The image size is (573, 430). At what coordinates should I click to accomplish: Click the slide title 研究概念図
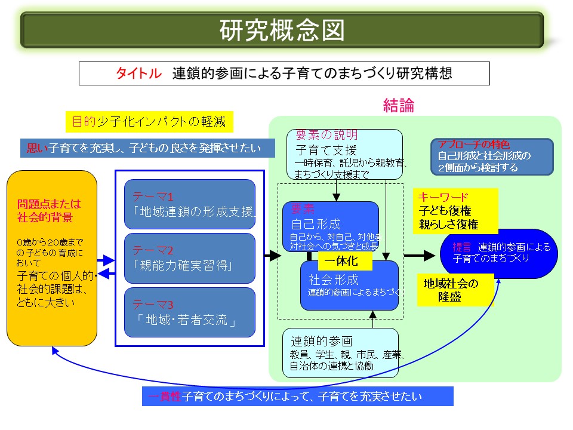tap(282, 30)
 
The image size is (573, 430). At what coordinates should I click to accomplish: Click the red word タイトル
tap(138, 73)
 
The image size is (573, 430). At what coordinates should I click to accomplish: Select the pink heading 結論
tap(398, 106)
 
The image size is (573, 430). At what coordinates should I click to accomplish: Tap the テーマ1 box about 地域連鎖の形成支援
tap(190, 204)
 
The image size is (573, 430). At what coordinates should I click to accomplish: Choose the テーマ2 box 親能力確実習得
tap(190, 258)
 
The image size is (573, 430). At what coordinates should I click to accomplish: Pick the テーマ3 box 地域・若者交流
tap(190, 312)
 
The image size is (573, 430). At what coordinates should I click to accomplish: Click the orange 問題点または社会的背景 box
tap(52, 258)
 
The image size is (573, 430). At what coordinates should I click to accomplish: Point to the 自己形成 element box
tap(330, 226)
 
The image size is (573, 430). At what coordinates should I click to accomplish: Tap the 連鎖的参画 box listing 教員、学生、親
tap(340, 353)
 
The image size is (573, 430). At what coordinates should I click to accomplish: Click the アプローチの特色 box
tap(492, 156)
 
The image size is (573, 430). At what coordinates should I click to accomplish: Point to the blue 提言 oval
tap(498, 253)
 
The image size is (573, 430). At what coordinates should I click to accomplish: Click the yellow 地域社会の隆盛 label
tap(456, 289)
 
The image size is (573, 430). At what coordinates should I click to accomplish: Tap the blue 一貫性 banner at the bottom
tap(297, 396)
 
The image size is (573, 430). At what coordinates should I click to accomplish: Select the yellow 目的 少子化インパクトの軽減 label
tap(149, 122)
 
